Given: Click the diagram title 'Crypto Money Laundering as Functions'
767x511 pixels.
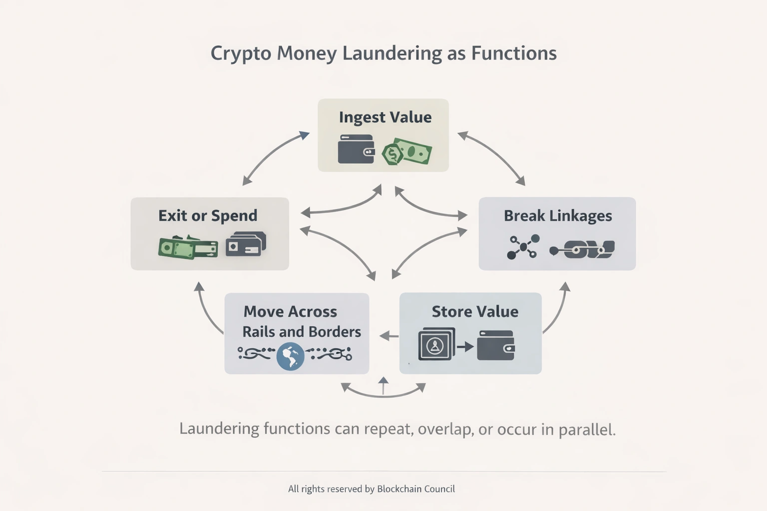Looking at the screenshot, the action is click(x=383, y=53).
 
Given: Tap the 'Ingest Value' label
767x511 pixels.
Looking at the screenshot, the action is click(x=385, y=117).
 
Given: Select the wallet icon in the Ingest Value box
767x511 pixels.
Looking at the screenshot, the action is click(x=356, y=149).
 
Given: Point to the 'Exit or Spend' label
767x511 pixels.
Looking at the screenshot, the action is click(x=208, y=216).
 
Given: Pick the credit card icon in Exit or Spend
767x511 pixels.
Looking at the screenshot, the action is click(x=245, y=245).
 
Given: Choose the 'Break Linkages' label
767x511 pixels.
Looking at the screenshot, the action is click(x=557, y=216).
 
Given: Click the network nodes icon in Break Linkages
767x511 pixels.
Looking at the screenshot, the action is click(x=523, y=247).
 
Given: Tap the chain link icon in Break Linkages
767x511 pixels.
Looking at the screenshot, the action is click(x=582, y=249).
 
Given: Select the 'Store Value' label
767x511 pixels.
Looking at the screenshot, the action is click(x=474, y=311).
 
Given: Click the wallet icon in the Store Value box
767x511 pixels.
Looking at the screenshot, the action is click(x=495, y=345).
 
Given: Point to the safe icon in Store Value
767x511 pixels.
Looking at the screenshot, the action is click(x=436, y=344).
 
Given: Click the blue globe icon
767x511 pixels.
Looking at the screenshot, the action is click(x=290, y=356).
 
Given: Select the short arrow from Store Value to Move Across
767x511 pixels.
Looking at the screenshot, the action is click(x=388, y=336).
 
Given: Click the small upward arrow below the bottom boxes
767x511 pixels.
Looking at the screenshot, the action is click(x=383, y=385).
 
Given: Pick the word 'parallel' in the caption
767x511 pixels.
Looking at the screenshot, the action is click(x=586, y=429).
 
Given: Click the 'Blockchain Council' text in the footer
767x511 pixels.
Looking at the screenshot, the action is click(x=415, y=489).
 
